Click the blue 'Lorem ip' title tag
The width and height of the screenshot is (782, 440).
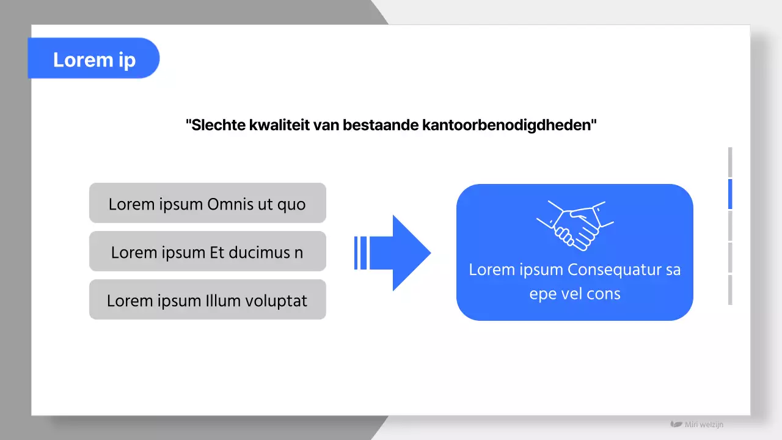[93, 59]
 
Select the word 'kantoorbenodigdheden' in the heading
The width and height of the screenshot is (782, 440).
[508, 125]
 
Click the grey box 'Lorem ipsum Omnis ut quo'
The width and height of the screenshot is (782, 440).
[207, 203]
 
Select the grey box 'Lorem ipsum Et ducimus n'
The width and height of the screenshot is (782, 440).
[207, 251]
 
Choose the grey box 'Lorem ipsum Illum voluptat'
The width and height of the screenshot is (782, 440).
[207, 299]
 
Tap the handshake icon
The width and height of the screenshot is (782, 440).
[575, 225]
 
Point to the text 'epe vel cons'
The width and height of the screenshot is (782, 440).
[574, 293]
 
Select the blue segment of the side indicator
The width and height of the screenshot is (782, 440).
[730, 194]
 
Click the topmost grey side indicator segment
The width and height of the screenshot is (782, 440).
[730, 162]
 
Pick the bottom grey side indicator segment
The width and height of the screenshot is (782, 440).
[730, 290]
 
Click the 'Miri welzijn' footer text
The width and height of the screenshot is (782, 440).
[704, 424]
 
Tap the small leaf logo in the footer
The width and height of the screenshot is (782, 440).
[676, 424]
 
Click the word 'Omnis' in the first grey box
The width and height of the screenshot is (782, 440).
[230, 204]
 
